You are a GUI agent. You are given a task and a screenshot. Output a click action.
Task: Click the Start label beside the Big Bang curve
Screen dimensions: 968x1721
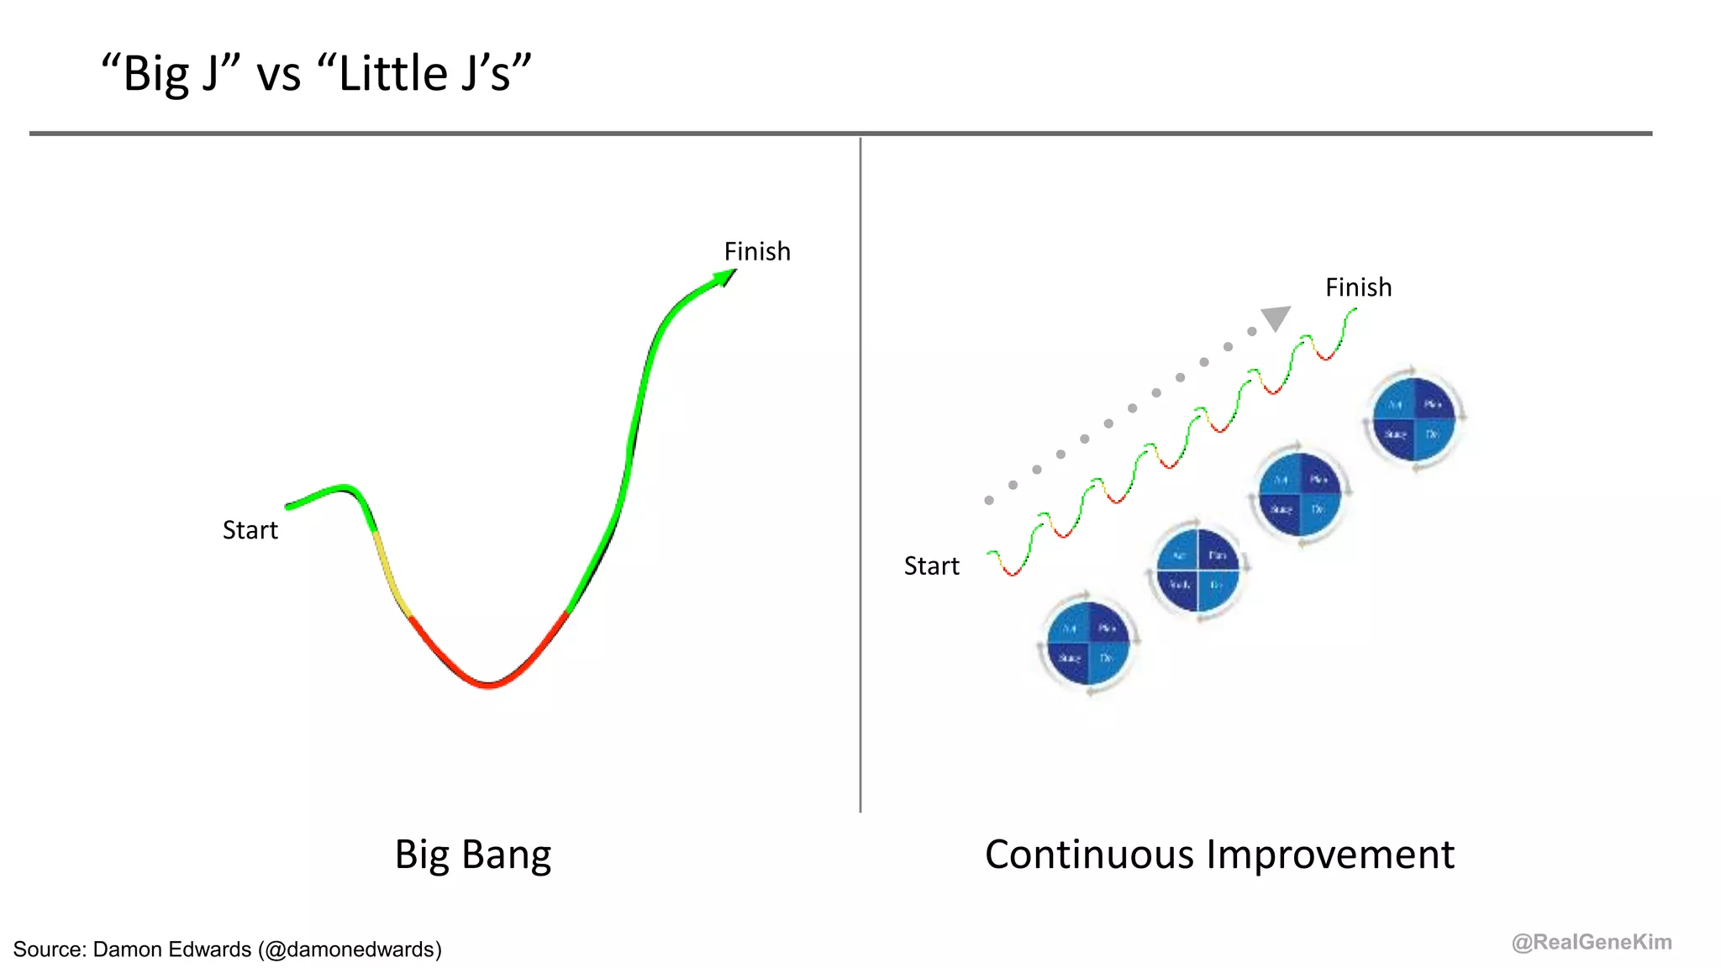[x=250, y=530]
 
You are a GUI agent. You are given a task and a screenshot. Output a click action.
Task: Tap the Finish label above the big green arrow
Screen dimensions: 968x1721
[x=757, y=251]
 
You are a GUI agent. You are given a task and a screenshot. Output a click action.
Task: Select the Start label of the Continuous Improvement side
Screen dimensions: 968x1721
[x=931, y=566]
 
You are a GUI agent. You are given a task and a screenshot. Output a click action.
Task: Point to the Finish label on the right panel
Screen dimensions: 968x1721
[x=1358, y=287]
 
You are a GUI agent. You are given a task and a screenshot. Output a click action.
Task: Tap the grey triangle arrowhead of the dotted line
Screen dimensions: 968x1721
[x=1276, y=318]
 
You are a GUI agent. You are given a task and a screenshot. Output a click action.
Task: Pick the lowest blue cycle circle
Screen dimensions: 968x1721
[x=1088, y=644]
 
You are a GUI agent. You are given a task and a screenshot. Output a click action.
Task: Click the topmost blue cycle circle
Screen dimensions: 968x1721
[x=1414, y=419]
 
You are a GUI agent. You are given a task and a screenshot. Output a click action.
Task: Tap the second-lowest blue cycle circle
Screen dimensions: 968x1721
[x=1197, y=570]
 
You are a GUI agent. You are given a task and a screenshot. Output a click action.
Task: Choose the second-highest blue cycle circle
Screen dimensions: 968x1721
[x=1300, y=495]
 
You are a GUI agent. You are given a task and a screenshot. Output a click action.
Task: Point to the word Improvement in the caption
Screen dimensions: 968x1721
[x=1330, y=855]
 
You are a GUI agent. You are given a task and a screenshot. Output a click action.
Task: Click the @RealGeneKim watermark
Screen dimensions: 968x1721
[x=1591, y=942]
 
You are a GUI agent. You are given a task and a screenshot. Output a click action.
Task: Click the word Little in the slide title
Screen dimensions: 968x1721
[x=392, y=74]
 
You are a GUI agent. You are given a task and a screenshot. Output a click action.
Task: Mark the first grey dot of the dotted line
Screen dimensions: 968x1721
[x=989, y=500]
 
